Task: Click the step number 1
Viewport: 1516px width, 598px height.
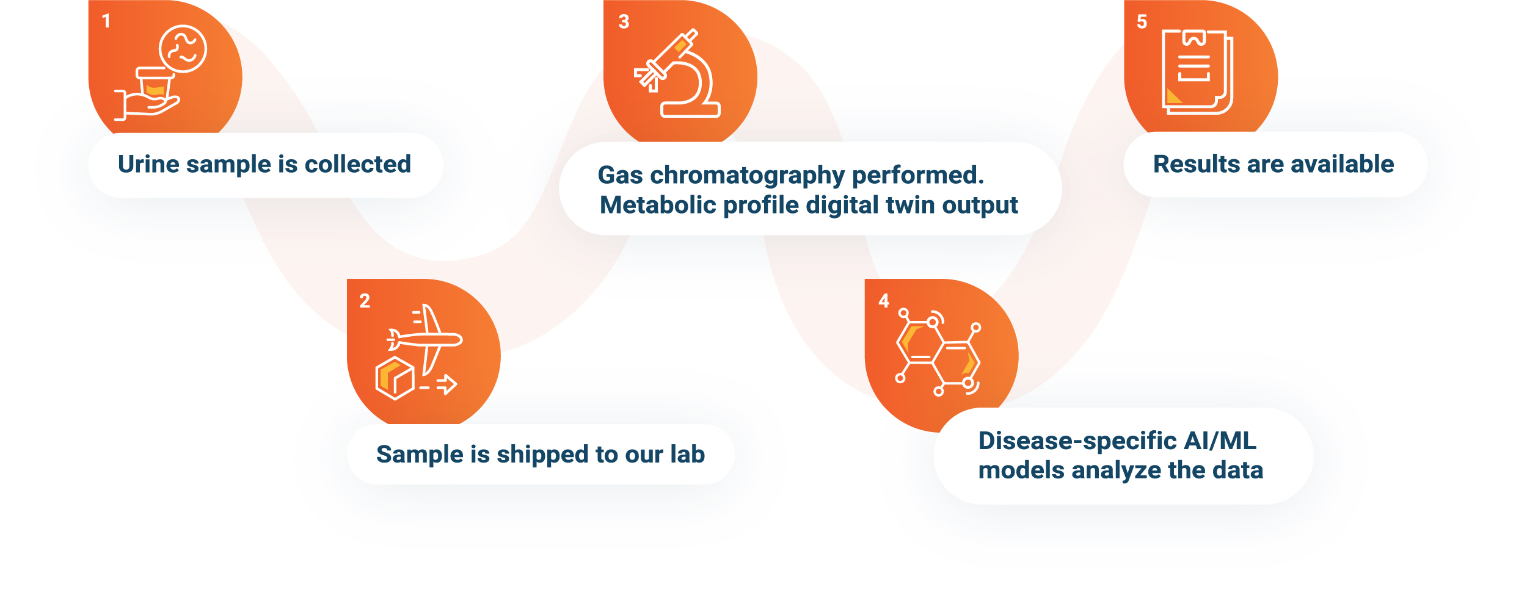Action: click(x=106, y=21)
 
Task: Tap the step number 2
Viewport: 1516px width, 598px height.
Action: click(x=365, y=301)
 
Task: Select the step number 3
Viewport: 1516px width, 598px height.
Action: click(x=624, y=22)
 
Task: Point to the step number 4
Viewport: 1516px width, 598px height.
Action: click(x=884, y=301)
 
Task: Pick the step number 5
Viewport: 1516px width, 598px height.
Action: click(x=1142, y=22)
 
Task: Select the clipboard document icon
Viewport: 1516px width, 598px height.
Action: click(x=1197, y=72)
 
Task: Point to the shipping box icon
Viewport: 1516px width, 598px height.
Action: click(x=395, y=378)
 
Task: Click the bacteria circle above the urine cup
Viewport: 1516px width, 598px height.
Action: click(x=183, y=49)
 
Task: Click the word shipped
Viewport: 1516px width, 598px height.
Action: click(x=542, y=455)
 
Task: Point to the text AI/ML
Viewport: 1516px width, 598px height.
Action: click(x=1220, y=441)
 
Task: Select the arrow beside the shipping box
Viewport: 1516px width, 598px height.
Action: click(x=447, y=385)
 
